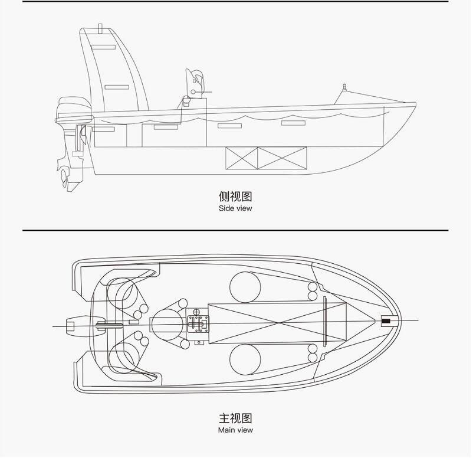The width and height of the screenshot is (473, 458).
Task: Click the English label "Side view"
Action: point(235,208)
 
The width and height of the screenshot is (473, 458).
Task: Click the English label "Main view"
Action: point(235,430)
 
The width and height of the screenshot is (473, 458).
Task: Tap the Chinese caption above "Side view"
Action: point(235,197)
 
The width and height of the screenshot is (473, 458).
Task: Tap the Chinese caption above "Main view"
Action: point(235,418)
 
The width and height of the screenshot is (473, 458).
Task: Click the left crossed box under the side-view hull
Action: point(242,158)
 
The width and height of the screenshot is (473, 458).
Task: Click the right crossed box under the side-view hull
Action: point(282,158)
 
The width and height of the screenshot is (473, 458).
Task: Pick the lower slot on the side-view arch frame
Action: point(116,87)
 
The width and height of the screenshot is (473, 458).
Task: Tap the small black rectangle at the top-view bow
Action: point(386,321)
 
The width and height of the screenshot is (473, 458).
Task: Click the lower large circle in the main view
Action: point(245,359)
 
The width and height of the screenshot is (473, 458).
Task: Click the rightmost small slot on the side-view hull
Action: point(293,123)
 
